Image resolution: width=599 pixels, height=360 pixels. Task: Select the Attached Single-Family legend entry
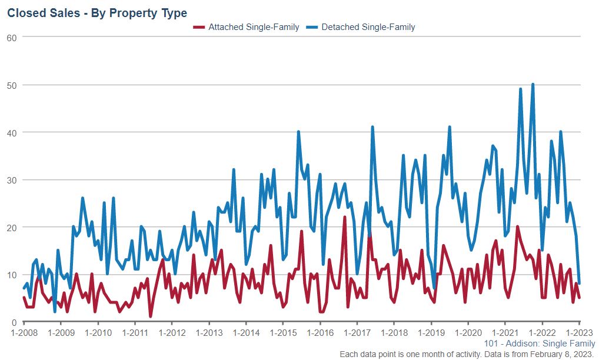tap(254, 27)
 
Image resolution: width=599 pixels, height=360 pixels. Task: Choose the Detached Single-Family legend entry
tap(368, 27)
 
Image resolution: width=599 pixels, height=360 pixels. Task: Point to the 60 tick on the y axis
tap(11, 37)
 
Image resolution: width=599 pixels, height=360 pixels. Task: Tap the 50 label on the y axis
tap(11, 85)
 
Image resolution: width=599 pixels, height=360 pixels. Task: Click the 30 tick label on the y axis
tap(11, 180)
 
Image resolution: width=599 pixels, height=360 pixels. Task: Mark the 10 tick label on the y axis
tap(11, 275)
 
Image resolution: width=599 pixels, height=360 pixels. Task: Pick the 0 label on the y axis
tap(14, 322)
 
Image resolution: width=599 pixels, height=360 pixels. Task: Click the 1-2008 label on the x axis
tap(24, 332)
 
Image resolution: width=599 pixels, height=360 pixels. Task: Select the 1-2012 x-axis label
tap(171, 332)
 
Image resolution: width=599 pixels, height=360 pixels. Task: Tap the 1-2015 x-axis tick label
tap(282, 332)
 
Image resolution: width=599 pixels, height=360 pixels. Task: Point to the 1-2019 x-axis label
tap(431, 332)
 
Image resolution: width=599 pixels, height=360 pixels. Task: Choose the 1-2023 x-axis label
tap(579, 332)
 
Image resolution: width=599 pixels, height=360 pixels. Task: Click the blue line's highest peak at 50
tap(533, 84)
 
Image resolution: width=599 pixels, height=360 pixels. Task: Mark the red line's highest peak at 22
tap(345, 218)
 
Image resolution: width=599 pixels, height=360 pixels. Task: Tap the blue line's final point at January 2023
tap(580, 284)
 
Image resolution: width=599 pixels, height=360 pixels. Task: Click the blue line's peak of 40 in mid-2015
tap(298, 132)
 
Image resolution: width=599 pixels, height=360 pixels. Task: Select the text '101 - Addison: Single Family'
tap(540, 344)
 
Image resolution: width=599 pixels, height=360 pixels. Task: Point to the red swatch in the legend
tap(199, 27)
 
